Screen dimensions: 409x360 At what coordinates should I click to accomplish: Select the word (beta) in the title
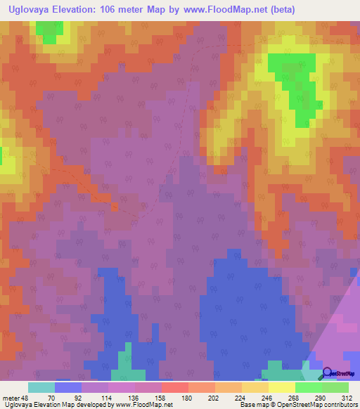coord(280,10)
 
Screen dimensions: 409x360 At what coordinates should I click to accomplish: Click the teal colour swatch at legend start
coord(41,387)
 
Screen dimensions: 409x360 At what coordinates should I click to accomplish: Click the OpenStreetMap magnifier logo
coord(327,374)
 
